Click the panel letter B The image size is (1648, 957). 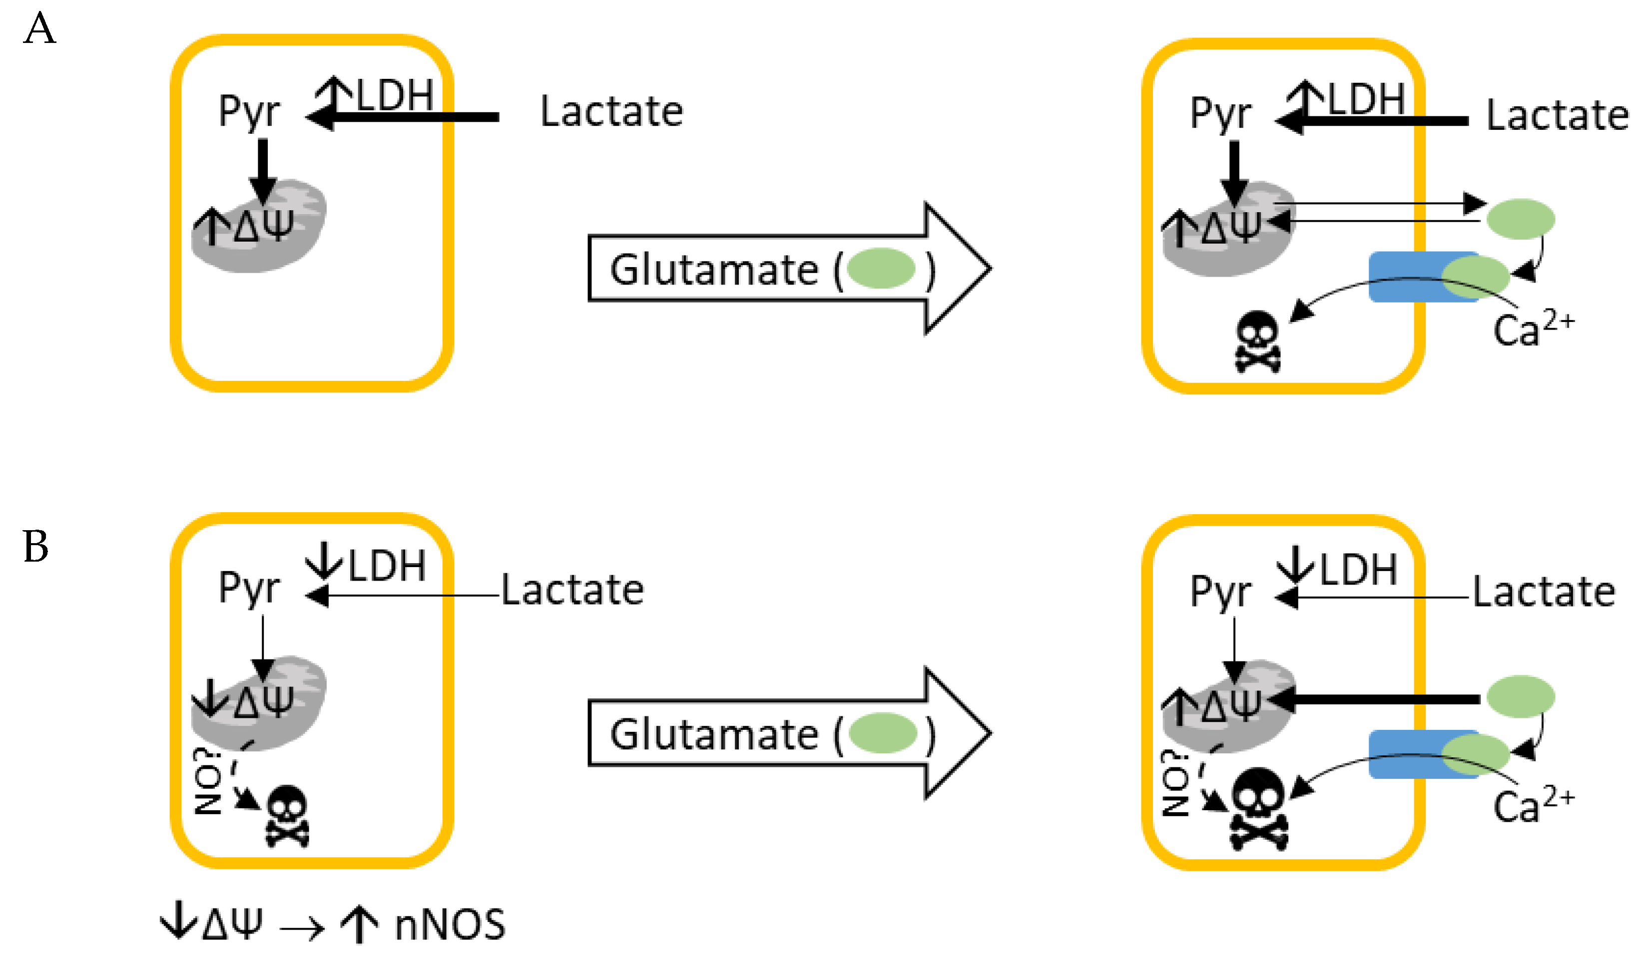click(x=35, y=547)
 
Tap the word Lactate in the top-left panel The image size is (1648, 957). click(x=611, y=112)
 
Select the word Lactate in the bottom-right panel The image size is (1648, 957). click(x=1544, y=592)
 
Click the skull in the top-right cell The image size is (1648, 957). click(x=1257, y=342)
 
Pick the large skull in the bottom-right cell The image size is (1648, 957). click(x=1259, y=811)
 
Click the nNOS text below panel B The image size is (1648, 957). click(x=450, y=926)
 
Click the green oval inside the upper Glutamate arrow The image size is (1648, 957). click(x=880, y=269)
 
